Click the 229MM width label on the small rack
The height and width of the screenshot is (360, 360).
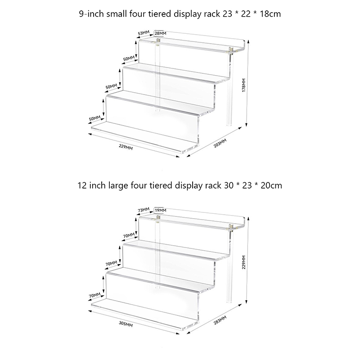(x=126, y=147)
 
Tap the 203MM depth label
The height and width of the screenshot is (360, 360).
(x=220, y=144)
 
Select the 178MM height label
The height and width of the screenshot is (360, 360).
(x=244, y=85)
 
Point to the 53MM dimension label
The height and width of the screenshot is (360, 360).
(x=144, y=33)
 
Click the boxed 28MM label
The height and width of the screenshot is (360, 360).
(x=160, y=33)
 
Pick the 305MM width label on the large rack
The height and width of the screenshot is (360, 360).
(x=126, y=324)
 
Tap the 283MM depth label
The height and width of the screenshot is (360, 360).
(x=220, y=320)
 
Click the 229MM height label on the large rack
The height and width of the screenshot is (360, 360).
(x=244, y=262)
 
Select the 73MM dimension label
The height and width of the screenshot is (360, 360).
(x=144, y=210)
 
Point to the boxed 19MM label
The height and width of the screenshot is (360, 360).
(x=160, y=210)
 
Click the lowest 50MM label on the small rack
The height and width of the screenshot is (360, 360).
(x=94, y=119)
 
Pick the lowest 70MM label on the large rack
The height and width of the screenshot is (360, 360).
(x=94, y=296)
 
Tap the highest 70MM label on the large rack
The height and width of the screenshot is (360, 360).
(x=129, y=235)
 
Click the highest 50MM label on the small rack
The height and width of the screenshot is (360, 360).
(x=129, y=58)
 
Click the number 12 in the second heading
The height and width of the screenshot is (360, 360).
(x=82, y=185)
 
